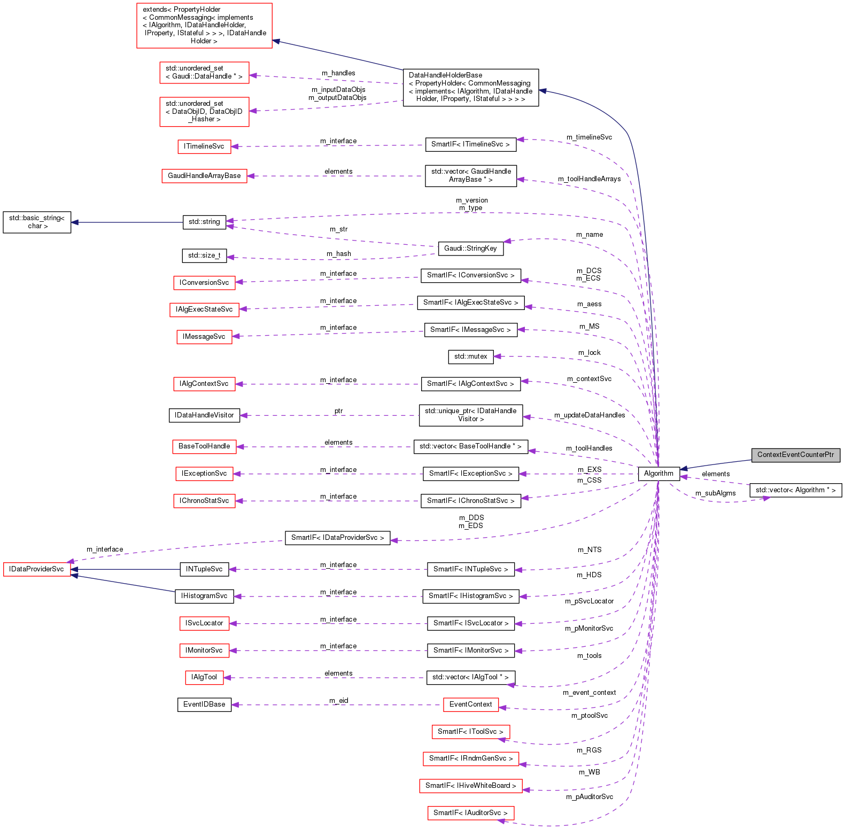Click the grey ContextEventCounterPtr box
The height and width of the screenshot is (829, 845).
(795, 455)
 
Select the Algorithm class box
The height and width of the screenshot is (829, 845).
(658, 474)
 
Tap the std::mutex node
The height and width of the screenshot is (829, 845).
(470, 357)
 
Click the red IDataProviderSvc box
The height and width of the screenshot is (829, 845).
(37, 569)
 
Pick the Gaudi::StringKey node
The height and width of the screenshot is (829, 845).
(470, 249)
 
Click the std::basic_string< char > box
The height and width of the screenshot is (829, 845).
(37, 222)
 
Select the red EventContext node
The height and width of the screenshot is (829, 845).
(470, 704)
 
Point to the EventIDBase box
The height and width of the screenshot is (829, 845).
(204, 704)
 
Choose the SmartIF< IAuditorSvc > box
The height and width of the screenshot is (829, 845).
(470, 813)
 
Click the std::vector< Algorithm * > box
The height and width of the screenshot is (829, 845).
(795, 490)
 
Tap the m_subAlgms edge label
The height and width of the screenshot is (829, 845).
(715, 493)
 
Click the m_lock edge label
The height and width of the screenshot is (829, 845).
(589, 353)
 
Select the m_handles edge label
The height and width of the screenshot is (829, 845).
(338, 73)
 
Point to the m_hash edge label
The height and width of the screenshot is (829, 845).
(339, 254)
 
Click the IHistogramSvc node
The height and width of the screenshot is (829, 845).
(204, 596)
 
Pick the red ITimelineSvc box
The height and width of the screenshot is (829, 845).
(204, 146)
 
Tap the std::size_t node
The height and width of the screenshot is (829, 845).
(204, 255)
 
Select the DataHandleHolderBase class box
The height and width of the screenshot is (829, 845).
(470, 87)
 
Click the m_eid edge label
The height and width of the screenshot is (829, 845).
(339, 700)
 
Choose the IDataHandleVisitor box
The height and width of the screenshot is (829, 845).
(204, 415)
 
